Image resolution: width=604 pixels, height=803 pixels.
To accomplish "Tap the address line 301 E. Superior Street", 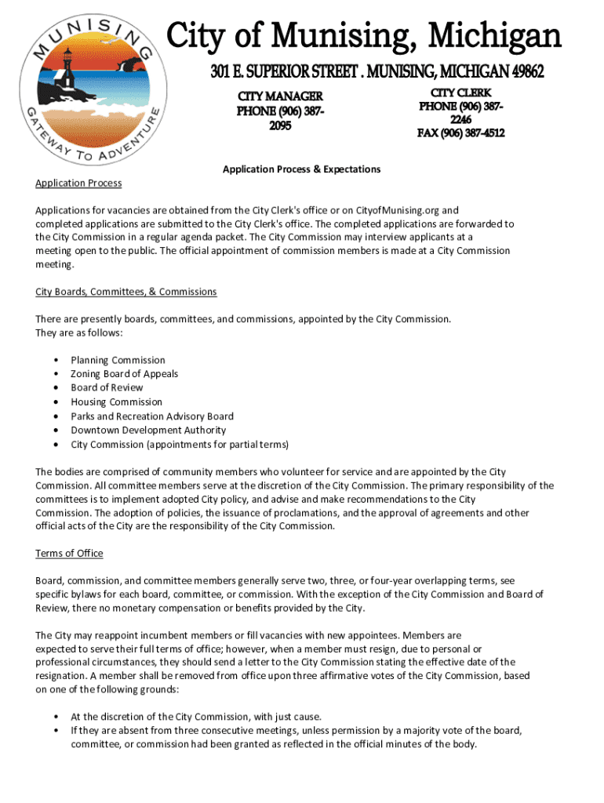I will point(377,72).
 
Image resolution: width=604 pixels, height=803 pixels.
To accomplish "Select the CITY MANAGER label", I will point(280,96).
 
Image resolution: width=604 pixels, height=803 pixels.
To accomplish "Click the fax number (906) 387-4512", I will point(460,133).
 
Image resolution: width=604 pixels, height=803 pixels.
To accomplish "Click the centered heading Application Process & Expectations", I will point(301,169).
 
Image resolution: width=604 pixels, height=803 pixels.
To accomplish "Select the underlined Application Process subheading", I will point(78,183).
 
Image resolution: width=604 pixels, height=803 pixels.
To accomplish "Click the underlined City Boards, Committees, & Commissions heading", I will point(126,292).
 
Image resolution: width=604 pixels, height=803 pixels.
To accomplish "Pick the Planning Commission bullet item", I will point(118,360).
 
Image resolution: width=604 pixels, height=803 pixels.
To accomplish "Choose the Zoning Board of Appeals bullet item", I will point(124,374).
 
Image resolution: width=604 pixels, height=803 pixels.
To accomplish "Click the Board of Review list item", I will point(107,387).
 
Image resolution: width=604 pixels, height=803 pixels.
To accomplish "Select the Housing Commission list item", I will point(116,401).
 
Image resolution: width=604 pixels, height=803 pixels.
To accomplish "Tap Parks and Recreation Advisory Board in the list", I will point(151,416).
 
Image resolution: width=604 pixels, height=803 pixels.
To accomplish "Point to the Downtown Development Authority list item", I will point(147,430).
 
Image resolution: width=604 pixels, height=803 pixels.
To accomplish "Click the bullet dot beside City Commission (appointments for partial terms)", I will point(56,445).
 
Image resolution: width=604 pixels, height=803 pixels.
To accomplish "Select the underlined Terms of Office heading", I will point(69,553).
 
